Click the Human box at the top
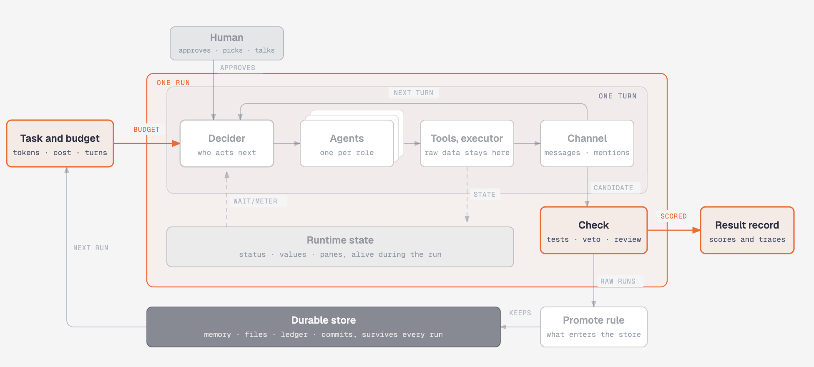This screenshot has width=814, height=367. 227,43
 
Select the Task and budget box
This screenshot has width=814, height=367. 60,143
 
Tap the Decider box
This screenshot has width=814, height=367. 227,143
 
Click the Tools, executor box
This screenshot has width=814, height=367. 467,143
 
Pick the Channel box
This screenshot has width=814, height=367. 587,143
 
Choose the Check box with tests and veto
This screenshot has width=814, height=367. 594,230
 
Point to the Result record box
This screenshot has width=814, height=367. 747,230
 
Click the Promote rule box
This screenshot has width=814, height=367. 594,327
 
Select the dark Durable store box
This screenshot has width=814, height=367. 324,327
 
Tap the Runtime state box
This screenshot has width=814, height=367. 340,247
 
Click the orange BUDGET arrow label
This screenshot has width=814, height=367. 146,129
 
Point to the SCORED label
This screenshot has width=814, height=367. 673,216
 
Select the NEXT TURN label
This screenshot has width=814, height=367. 413,93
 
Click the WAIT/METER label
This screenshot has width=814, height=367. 255,201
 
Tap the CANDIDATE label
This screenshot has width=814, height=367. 613,188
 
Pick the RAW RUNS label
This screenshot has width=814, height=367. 618,281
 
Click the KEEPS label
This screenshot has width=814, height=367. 520,313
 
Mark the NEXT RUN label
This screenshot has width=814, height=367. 91,248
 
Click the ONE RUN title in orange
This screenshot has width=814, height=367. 173,83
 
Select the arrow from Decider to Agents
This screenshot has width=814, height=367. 287,143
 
